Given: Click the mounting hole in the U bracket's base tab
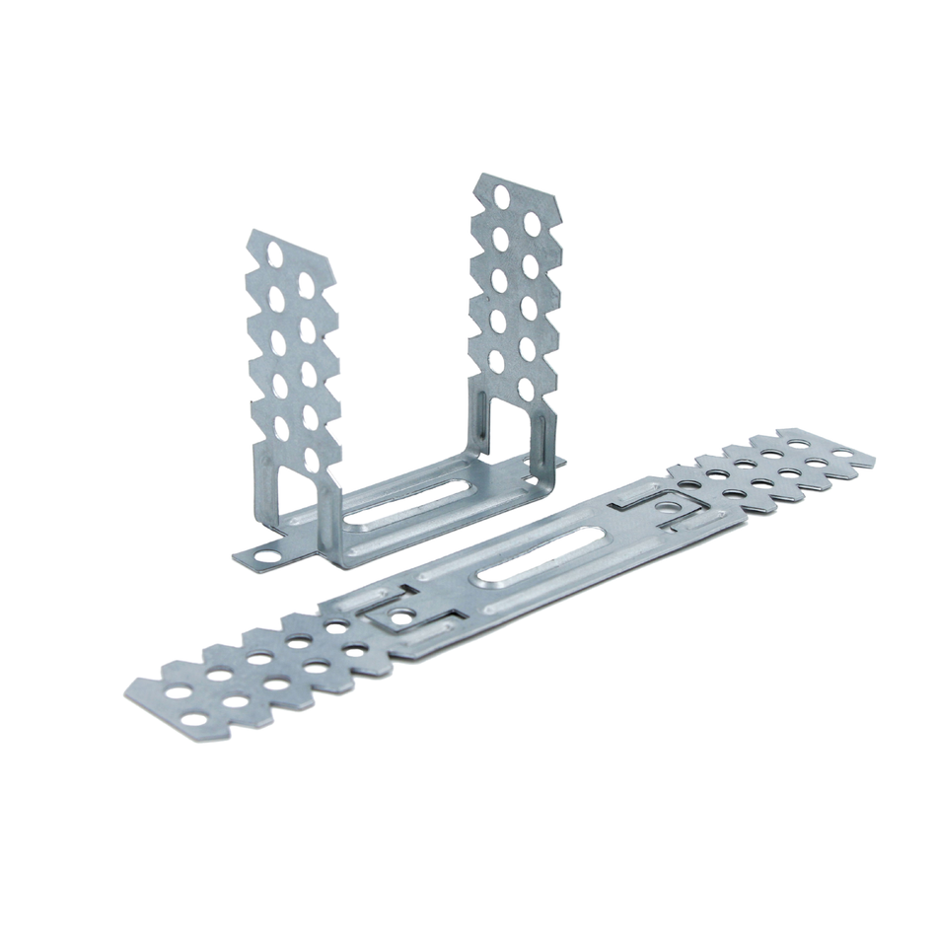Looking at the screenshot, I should pyautogui.click(x=263, y=554).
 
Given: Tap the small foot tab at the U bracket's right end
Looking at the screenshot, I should pyautogui.click(x=557, y=461).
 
